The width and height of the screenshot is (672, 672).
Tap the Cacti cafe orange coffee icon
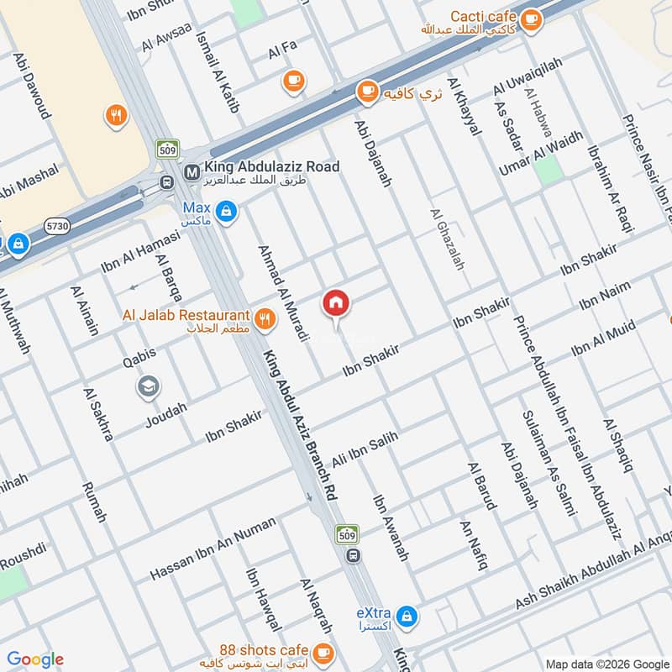[530, 19]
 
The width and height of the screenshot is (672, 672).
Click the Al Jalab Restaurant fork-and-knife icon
[265, 318]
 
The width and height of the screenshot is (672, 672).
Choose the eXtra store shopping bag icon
[407, 617]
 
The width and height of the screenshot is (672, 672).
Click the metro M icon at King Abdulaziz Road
[191, 168]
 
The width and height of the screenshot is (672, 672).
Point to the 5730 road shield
[58, 225]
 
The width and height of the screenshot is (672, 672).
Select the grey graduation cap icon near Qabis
[149, 387]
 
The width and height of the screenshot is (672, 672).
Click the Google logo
[35, 659]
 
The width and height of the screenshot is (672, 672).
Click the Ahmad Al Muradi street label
[283, 293]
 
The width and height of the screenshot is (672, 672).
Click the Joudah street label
[166, 414]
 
